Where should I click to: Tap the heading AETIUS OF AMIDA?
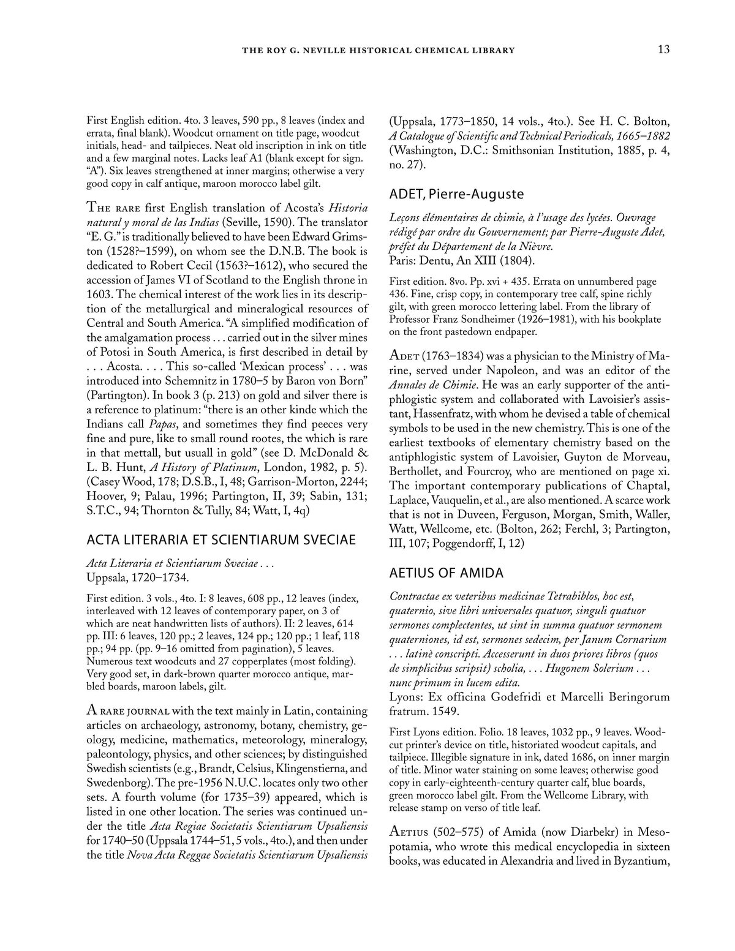[x=447, y=573]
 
